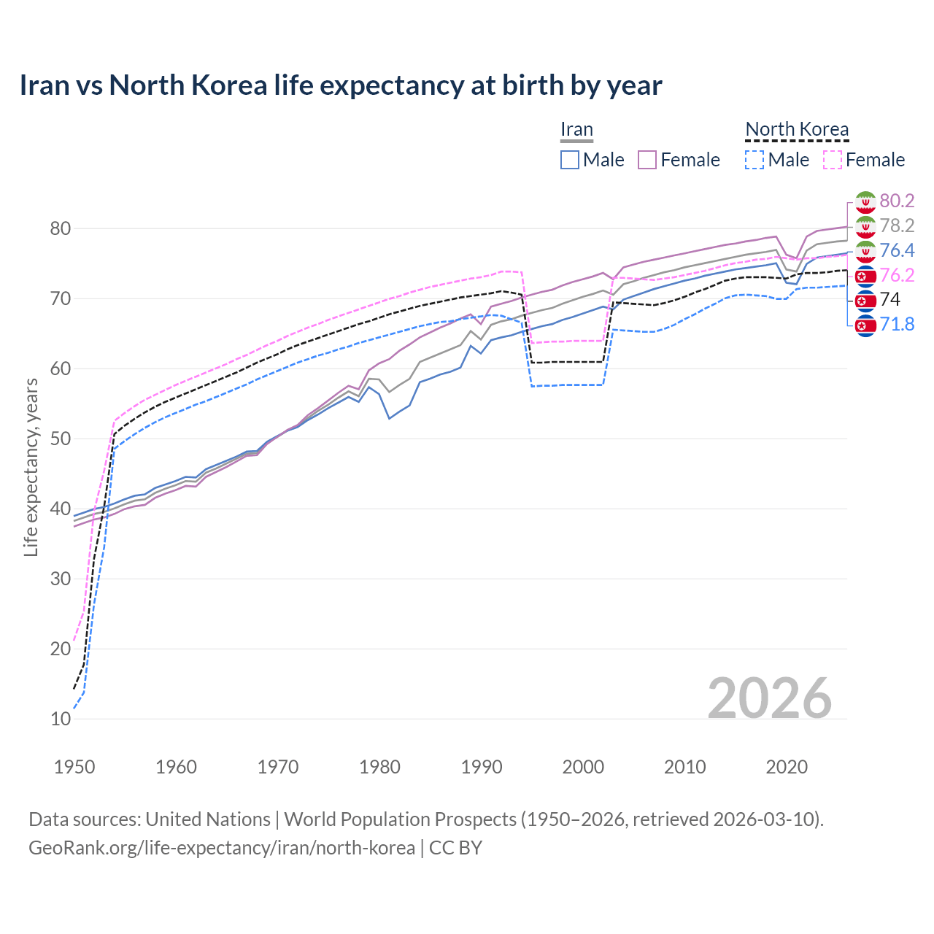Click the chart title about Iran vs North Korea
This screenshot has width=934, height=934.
click(x=341, y=85)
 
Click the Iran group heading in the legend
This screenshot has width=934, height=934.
click(x=576, y=129)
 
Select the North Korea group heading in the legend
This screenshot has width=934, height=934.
click(x=797, y=129)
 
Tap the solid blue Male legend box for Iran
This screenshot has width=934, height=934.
click(x=570, y=160)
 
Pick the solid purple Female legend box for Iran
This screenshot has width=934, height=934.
click(x=647, y=160)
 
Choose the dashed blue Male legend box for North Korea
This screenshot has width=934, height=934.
click(x=754, y=160)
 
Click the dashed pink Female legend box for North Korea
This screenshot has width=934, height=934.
click(x=833, y=160)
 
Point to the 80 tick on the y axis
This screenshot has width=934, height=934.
click(x=61, y=228)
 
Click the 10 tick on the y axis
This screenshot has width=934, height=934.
click(x=61, y=719)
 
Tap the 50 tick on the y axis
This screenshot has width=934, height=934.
click(x=61, y=439)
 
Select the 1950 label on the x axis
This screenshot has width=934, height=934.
click(x=74, y=767)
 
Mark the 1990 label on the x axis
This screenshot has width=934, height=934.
click(x=482, y=767)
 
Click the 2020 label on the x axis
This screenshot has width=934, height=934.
click(x=787, y=767)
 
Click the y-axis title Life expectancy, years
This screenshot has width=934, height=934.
click(x=31, y=467)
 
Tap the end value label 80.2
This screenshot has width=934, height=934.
click(x=897, y=201)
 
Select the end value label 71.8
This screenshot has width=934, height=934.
click(x=897, y=324)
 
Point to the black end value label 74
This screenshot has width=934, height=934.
click(x=890, y=299)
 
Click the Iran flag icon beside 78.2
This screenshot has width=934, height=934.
click(x=865, y=226)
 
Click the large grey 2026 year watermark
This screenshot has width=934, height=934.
click(x=770, y=698)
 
